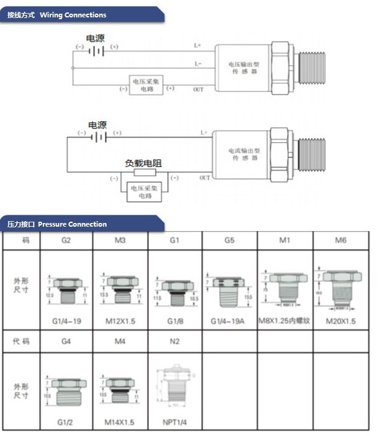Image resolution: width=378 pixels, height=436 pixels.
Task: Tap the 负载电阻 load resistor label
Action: pyautogui.click(x=143, y=163)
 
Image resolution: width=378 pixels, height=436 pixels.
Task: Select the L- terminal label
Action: pyautogui.click(x=198, y=63)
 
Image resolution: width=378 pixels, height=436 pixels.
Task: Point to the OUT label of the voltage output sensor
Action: pyautogui.click(x=199, y=89)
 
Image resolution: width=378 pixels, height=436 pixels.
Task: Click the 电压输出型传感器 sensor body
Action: pyautogui.click(x=243, y=68)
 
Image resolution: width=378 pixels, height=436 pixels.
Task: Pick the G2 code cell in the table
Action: pyautogui.click(x=66, y=240)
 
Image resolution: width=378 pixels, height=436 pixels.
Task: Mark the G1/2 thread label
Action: pyautogui.click(x=66, y=422)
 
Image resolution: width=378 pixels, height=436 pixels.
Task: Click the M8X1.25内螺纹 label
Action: pyautogui.click(x=285, y=320)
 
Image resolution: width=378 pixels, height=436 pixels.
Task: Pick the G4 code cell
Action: pyautogui.click(x=66, y=341)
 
